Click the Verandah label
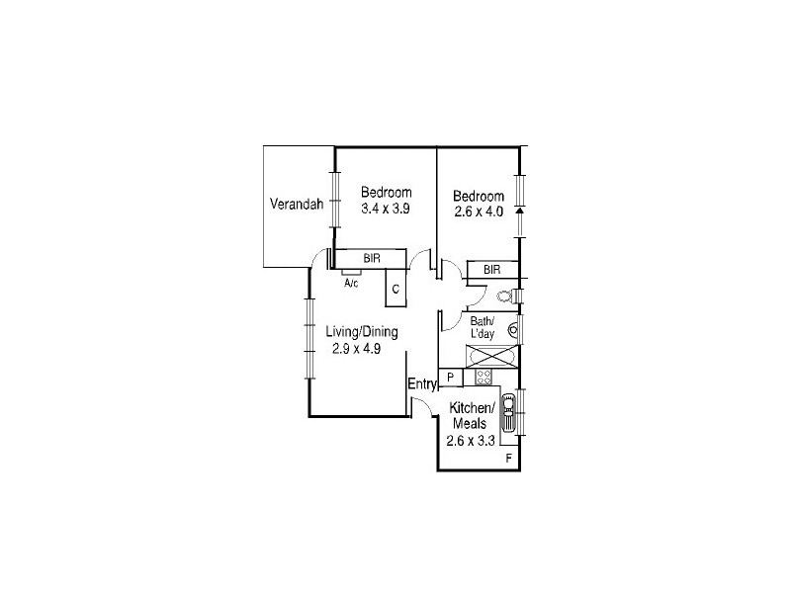pos(297,206)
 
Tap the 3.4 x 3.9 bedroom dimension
pos(385,209)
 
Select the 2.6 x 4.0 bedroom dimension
pos(479,212)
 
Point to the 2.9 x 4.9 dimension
pos(356,348)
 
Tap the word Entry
pos(422,384)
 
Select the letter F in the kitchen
pos(509,460)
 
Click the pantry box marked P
pos(450,377)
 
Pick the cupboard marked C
pos(395,290)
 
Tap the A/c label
pos(351,284)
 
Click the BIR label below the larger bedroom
pos(372,258)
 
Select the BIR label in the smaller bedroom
pos(492,270)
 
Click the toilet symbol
pos(505,296)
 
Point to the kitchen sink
pos(508,412)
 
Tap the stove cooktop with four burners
pos(483,377)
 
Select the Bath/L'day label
pos(483,328)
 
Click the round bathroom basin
pos(513,331)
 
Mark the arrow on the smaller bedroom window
pos(518,210)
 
